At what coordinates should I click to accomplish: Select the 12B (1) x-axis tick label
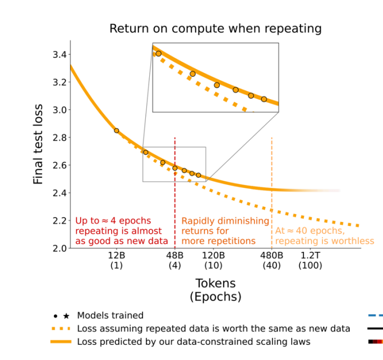point(117,260)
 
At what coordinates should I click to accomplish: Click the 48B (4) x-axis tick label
point(175,260)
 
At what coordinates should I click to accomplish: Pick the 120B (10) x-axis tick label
point(214,260)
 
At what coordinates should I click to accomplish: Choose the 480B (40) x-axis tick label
point(272,260)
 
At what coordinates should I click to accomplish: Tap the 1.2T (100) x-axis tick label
point(311,260)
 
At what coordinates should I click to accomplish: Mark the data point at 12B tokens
point(117,131)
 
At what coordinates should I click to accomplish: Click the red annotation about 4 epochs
point(122,230)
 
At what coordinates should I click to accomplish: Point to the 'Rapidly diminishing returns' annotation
point(218,230)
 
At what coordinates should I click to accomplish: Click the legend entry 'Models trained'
point(110,315)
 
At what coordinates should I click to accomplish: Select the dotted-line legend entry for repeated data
point(213,329)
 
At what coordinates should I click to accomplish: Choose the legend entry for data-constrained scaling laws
point(193,341)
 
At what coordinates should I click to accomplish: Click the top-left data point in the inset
point(159,54)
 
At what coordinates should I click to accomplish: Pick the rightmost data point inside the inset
point(264,99)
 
